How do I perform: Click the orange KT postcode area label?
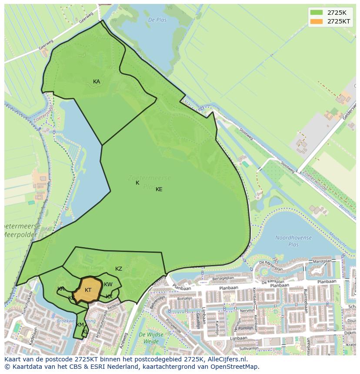pyautogui.click(x=88, y=290)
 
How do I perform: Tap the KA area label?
pyautogui.click(x=97, y=82)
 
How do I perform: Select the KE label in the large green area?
pyautogui.click(x=159, y=189)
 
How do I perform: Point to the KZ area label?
pyautogui.click(x=119, y=269)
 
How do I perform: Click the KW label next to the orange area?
pyautogui.click(x=108, y=285)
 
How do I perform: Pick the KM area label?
pyautogui.click(x=80, y=325)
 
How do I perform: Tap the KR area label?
pyautogui.click(x=61, y=289)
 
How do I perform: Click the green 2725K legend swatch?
pyautogui.click(x=317, y=13)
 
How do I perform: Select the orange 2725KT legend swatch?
pyautogui.click(x=317, y=21)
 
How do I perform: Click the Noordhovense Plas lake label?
pyautogui.click(x=293, y=241)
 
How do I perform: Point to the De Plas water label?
pyautogui.click(x=157, y=20)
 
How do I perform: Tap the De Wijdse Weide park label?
pyautogui.click(x=151, y=338)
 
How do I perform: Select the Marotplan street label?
pyautogui.click(x=323, y=261)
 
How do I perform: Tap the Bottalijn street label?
pyautogui.click(x=184, y=299)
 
